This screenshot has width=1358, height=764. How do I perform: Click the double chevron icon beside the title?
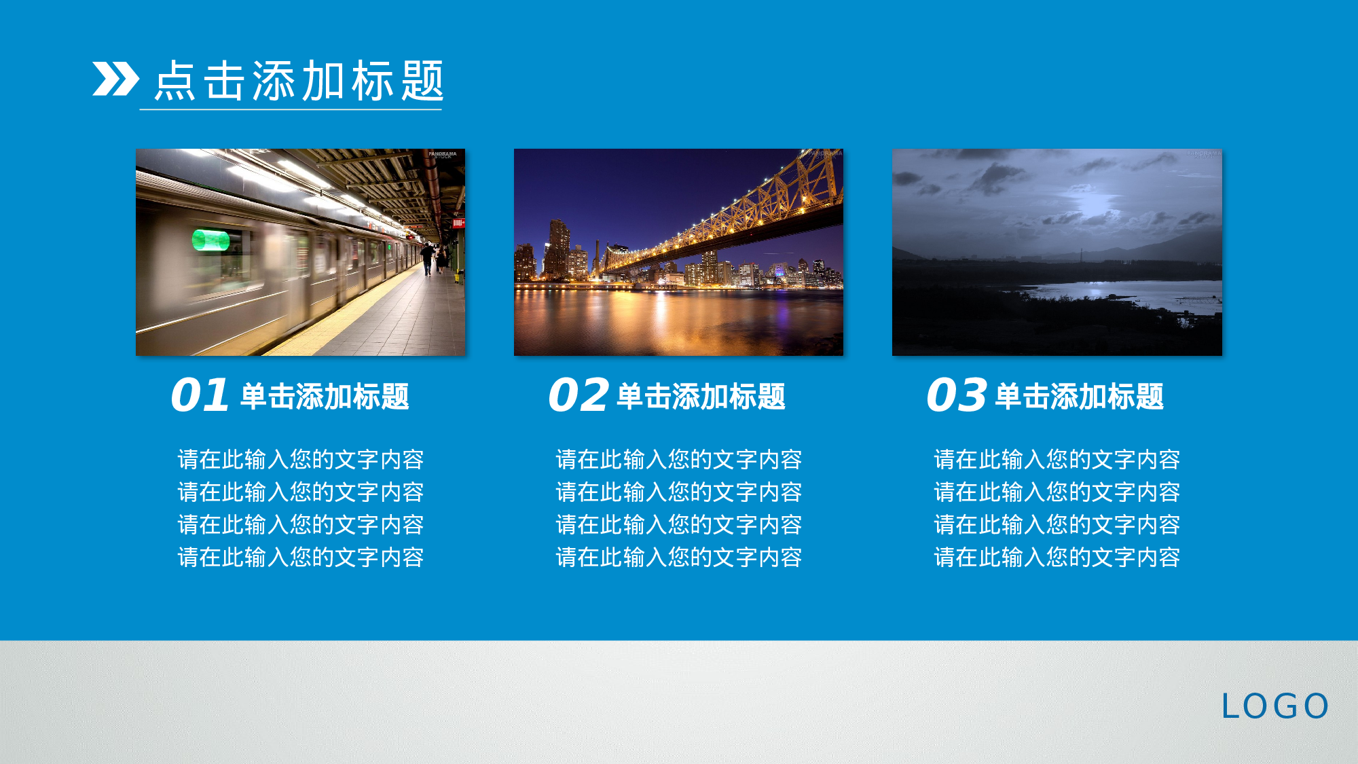click(x=115, y=79)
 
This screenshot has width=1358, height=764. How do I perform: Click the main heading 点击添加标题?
click(x=299, y=81)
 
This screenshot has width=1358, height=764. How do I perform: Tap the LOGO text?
click(x=1274, y=706)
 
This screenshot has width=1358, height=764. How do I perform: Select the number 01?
click(x=200, y=395)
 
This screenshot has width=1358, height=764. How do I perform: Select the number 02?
click(x=578, y=395)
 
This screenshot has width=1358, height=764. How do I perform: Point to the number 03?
click(x=956, y=395)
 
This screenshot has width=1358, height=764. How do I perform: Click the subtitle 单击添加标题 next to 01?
click(x=325, y=397)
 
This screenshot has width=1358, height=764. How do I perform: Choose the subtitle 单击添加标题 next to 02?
click(x=701, y=397)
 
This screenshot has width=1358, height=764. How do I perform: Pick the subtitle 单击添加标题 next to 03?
click(x=1079, y=397)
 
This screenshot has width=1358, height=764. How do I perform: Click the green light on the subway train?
click(x=210, y=240)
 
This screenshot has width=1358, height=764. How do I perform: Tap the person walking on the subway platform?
click(x=426, y=259)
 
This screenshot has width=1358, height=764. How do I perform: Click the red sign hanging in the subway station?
click(x=458, y=223)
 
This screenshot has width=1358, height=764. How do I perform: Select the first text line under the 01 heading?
click(x=300, y=460)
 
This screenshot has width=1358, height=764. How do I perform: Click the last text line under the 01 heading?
click(x=300, y=558)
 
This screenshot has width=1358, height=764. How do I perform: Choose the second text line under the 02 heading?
click(x=678, y=492)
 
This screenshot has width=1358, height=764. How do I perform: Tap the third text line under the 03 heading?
click(x=1057, y=525)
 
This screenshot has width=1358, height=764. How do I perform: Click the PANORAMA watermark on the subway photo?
click(x=442, y=154)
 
